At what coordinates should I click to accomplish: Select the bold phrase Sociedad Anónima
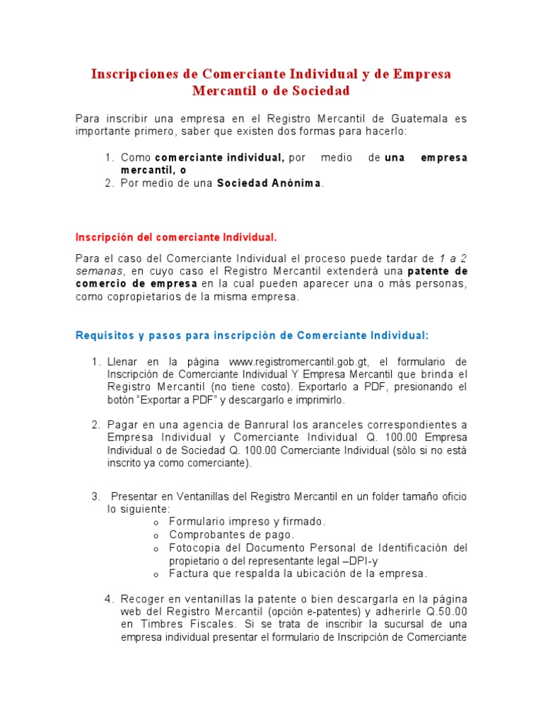(x=269, y=183)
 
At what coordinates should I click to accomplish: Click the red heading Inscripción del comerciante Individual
(x=176, y=236)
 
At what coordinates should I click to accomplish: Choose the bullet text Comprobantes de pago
(x=231, y=535)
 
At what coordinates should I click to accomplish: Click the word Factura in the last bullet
(x=188, y=573)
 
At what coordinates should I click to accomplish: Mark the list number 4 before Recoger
(x=108, y=598)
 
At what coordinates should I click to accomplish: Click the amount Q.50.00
(x=446, y=611)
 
